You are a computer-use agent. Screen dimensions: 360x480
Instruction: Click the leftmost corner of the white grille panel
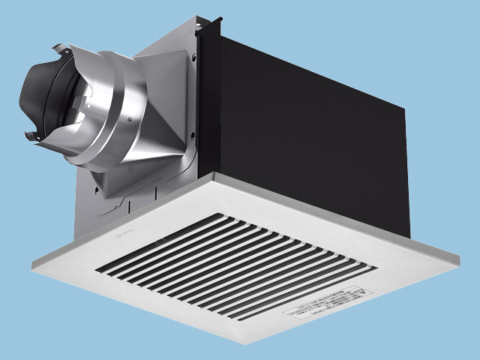point(33,262)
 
